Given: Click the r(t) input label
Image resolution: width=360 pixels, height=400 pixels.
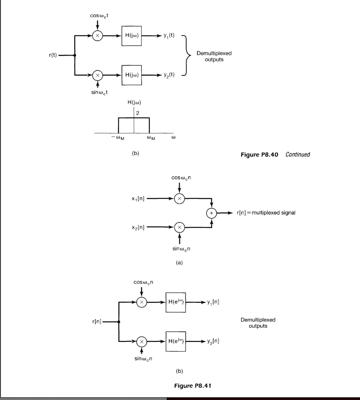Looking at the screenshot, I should tap(52, 56).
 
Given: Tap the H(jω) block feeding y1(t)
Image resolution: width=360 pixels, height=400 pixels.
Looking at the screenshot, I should tap(131, 36).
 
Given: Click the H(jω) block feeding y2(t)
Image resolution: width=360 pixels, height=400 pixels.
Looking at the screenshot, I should tap(131, 75).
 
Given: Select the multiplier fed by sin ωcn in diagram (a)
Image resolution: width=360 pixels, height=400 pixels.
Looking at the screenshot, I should tap(179, 227).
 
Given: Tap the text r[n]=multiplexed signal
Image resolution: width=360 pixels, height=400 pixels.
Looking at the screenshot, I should tap(266, 213).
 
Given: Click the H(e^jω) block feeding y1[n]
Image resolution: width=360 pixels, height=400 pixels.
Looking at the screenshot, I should tap(175, 302).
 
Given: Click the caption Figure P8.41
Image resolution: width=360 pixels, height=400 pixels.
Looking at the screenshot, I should tap(192, 386).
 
